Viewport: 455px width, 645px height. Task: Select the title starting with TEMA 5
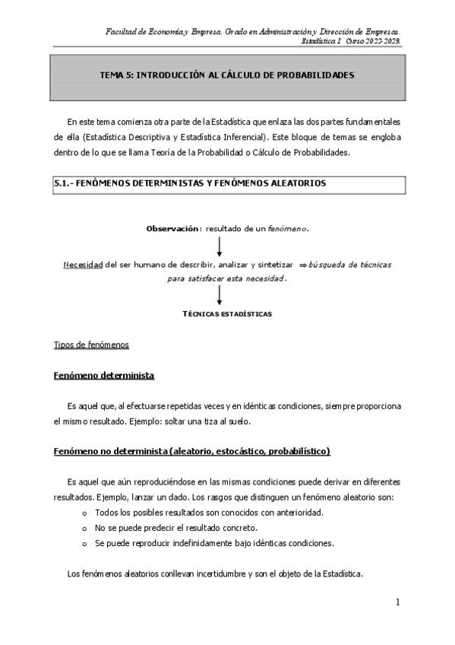click(227, 76)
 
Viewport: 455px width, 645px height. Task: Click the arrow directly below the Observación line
click(220, 246)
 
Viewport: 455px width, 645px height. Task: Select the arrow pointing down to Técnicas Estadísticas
click(220, 296)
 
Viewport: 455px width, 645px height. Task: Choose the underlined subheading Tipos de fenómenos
click(91, 345)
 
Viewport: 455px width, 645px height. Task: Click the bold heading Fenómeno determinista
click(104, 376)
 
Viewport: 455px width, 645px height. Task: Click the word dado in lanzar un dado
click(150, 497)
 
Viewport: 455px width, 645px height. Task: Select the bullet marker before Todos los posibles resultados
click(83, 513)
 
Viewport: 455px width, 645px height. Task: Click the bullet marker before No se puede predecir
click(83, 528)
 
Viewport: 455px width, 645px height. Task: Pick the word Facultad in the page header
click(122, 30)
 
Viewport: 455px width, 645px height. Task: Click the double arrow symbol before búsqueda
click(302, 264)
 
